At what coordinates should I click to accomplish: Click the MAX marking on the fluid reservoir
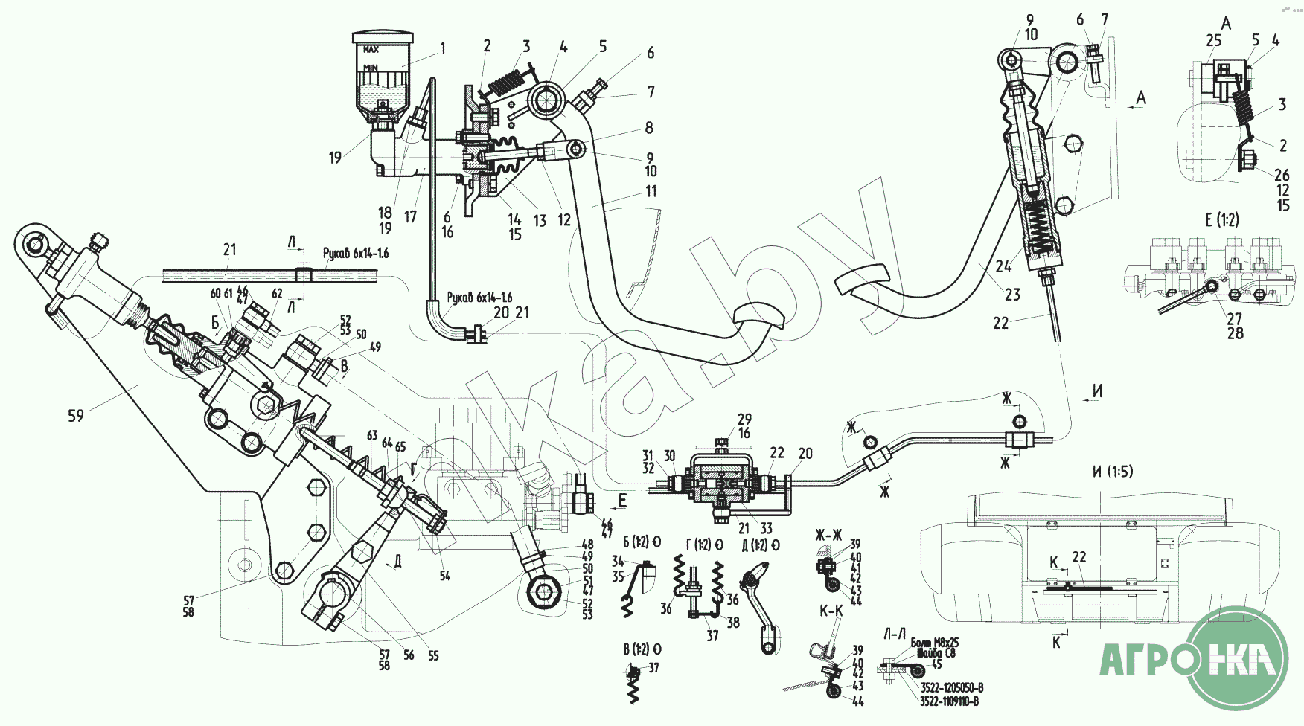click(x=371, y=50)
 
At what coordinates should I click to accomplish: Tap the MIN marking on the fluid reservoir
click(x=371, y=67)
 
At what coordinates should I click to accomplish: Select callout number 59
click(x=76, y=415)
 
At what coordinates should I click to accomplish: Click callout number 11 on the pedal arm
click(x=651, y=191)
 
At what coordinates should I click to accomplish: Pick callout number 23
click(x=1012, y=295)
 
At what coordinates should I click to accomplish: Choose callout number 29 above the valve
click(x=744, y=420)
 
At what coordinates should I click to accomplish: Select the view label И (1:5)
click(x=1113, y=472)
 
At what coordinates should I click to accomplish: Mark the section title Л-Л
click(x=895, y=633)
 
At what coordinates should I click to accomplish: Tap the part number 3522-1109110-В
click(x=949, y=701)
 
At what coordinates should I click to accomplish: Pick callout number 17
click(x=410, y=217)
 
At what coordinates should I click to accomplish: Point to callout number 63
click(x=372, y=436)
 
